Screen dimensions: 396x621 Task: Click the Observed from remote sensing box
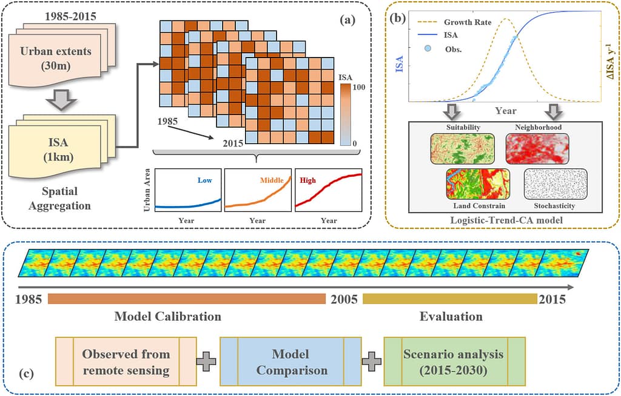pos(126,362)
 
